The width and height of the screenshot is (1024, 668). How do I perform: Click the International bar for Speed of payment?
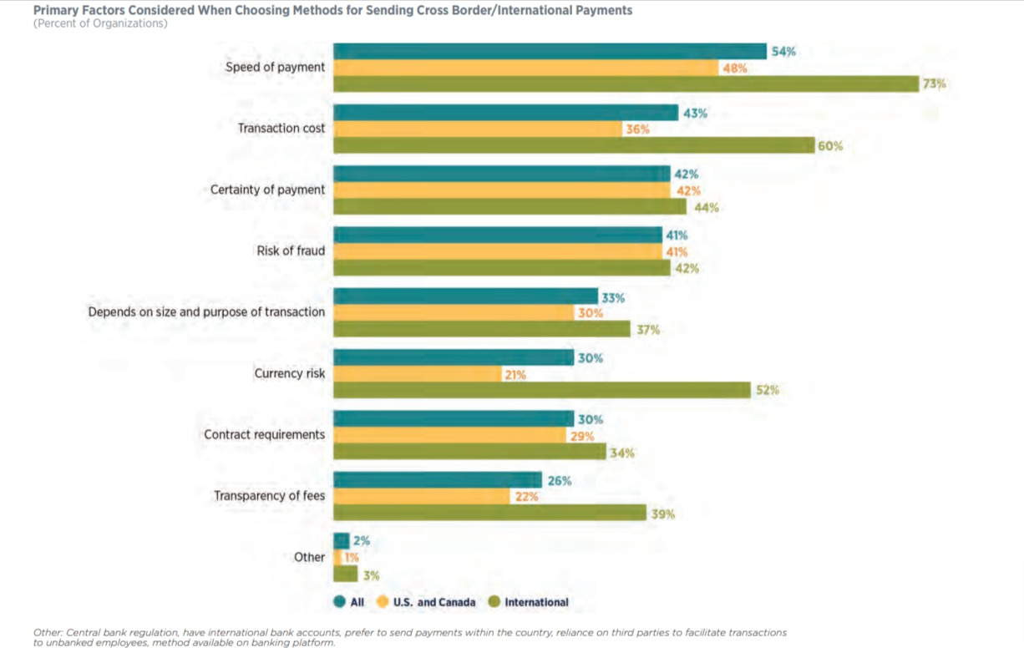point(626,84)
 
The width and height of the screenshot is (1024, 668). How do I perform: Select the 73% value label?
point(934,84)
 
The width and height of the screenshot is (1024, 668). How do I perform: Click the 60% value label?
point(830,146)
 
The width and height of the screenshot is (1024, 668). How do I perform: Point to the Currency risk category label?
point(289,373)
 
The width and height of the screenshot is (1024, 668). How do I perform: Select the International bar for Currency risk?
point(542,390)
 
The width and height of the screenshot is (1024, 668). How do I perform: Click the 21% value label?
point(515,375)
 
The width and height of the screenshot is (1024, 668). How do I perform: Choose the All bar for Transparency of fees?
point(438,480)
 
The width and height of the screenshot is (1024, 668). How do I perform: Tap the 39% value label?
point(662,514)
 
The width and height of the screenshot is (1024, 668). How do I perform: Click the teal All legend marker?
point(340,602)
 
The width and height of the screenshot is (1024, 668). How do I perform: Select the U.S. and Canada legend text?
point(433,602)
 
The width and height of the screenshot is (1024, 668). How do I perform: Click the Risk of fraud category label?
point(291,250)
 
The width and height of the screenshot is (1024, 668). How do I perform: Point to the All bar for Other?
point(341,541)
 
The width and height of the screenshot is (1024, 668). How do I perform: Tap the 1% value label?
point(352,558)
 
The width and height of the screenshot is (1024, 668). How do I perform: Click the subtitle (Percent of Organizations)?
point(100,23)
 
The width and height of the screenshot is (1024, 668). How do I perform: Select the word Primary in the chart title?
point(58,10)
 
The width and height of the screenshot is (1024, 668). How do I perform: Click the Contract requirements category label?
point(264,434)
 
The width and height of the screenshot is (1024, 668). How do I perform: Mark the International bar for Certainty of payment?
point(509,207)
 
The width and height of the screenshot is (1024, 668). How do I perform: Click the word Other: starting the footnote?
point(48,632)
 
